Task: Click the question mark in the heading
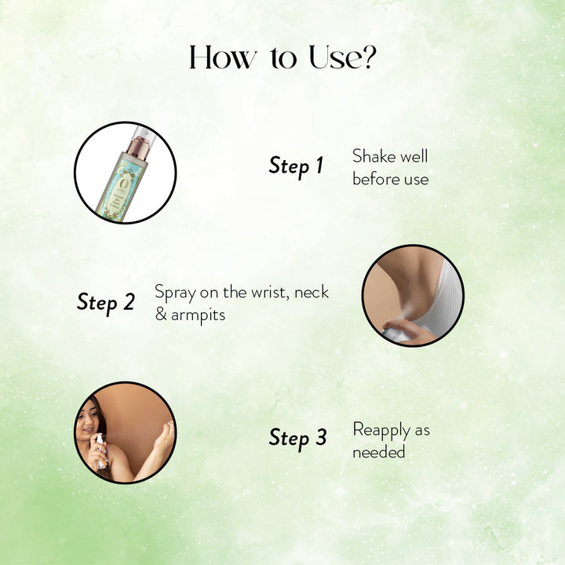pos(367,56)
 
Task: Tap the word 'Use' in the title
pos(334,57)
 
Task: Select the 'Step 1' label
pos(296,166)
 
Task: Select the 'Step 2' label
pos(106,302)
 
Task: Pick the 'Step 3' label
pos(297,438)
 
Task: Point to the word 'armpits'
pos(198,315)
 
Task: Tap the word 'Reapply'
pos(381,430)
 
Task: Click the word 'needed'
pos(379,452)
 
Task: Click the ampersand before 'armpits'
pos(161,314)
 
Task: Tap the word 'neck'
pos(312,292)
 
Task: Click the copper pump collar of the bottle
pos(137,149)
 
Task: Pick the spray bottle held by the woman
pos(100,451)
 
